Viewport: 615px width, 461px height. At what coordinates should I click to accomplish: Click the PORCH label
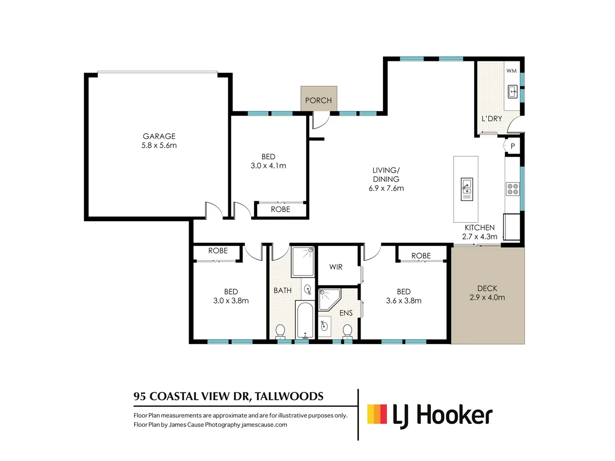point(318,100)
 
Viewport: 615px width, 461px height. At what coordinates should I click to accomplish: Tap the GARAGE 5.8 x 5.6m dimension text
point(159,145)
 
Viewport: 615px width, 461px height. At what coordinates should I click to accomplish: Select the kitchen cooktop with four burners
point(512,189)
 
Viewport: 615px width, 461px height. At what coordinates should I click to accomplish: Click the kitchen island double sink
point(467,189)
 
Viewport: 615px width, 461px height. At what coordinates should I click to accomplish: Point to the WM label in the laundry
point(511,71)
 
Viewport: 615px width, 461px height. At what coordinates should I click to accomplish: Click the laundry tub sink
point(513,92)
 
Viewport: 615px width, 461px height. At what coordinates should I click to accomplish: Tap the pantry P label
point(513,146)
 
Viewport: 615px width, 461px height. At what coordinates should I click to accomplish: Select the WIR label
point(336,267)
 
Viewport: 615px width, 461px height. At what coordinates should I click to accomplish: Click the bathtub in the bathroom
point(305,320)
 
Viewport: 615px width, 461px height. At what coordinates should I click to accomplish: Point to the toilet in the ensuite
point(347,331)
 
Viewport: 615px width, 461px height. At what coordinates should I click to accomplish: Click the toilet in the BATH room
point(280,331)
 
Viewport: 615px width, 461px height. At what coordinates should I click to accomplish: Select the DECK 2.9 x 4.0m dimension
point(487,297)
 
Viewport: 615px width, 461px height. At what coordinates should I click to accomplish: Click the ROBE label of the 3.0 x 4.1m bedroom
point(281,209)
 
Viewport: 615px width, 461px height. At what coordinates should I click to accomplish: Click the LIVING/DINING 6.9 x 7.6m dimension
point(386,188)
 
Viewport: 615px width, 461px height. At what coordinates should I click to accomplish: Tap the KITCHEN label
point(480,228)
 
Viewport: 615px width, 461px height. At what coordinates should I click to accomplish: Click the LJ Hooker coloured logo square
point(377,414)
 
